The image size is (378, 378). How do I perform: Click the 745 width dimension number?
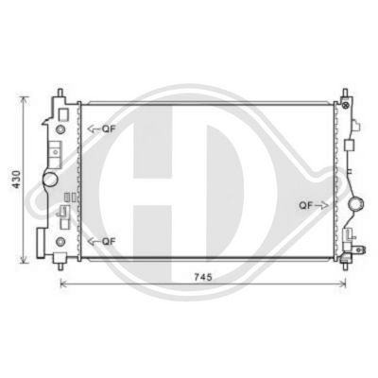click(202, 277)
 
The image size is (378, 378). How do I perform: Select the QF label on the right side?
click(307, 204)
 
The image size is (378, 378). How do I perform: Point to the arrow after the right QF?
click(322, 204)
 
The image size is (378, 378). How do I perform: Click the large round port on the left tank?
click(50, 178)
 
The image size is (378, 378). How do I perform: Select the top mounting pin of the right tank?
click(345, 92)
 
